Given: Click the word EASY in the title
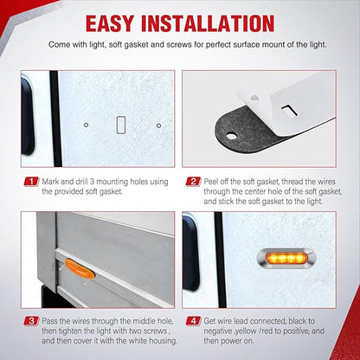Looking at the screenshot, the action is pos(110,23).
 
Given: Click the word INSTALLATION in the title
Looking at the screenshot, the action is pos(208,23).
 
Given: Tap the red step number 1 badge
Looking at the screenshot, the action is pos(31,182).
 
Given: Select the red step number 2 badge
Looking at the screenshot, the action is pos(193,182).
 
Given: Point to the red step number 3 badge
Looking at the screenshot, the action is pos(31,321).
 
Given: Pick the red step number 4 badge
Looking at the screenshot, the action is pos(193,321).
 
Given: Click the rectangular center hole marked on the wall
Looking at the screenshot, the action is pos(121,125).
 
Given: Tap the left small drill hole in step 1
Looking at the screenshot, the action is pos(86,125).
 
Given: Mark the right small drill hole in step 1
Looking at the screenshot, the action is pos(158,125).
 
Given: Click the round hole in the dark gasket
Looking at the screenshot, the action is pos(231,136).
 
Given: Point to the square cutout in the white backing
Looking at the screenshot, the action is pos(288,111).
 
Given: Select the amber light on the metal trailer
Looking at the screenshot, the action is pos(80,269).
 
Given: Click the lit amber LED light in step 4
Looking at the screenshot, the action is pos(286,258).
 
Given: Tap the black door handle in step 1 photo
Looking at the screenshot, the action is pos(27,115).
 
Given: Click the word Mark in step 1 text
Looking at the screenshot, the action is pos(50,182).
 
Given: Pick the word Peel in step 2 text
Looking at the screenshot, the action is pos(211,182).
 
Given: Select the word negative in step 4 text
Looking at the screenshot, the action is pos(219,331).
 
